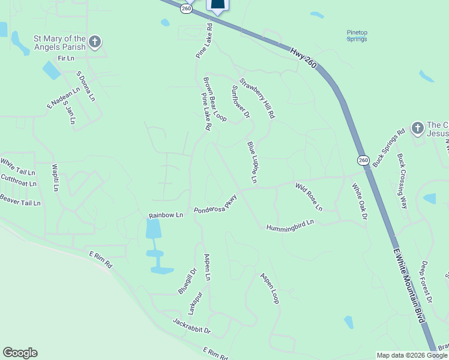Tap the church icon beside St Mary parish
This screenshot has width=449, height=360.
coord(94,42)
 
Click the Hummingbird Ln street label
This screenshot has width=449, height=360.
coord(291,224)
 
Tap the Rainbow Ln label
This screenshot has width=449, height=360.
coord(166,215)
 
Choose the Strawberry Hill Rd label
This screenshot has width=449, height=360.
coord(257,98)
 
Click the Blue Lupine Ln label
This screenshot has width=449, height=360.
coord(252,163)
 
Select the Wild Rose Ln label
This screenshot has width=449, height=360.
coord(309,197)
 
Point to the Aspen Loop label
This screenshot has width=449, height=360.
coord(270,289)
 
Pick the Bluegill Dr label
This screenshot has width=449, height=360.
coord(184,280)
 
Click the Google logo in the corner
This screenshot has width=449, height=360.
coord(20,353)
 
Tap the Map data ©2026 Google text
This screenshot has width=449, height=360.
coord(412,355)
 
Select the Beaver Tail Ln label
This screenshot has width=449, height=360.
coord(20,200)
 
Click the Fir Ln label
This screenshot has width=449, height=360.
coord(65,58)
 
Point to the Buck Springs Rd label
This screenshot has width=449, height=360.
coord(389,148)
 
